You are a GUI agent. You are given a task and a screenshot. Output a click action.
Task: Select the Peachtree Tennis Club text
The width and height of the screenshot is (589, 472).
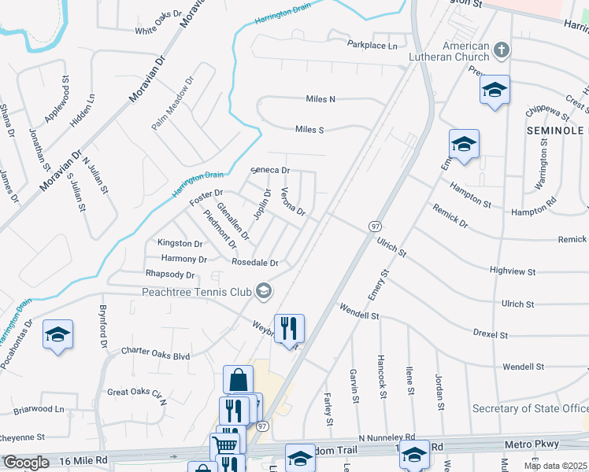(x=196, y=293)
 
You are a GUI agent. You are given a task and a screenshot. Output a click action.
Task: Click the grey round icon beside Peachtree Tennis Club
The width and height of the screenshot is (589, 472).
(x=264, y=293)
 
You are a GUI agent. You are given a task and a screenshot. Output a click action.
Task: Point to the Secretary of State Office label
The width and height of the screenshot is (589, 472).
(x=530, y=408)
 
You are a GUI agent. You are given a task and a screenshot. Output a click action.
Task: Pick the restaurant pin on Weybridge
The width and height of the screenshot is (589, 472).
(x=289, y=326)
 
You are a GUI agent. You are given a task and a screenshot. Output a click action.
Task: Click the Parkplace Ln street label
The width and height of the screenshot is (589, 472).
(x=372, y=46)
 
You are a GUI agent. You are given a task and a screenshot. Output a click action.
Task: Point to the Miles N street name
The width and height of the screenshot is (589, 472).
(x=320, y=99)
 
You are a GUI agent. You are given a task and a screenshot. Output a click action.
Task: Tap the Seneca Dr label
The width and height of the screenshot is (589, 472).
(x=271, y=170)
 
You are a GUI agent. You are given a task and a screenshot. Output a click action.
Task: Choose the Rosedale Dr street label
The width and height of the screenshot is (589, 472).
(x=254, y=262)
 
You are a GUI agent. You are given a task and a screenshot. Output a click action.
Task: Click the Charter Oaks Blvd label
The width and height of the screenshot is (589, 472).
(x=155, y=356)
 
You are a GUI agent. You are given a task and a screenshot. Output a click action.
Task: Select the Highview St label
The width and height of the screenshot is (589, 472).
(x=512, y=271)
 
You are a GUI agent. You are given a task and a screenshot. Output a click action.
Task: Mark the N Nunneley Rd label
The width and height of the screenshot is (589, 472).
(x=386, y=437)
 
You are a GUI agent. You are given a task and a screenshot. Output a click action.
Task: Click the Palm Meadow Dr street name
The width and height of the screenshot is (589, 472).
(x=172, y=104)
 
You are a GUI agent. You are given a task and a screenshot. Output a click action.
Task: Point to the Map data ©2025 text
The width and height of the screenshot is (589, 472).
(x=555, y=466)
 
